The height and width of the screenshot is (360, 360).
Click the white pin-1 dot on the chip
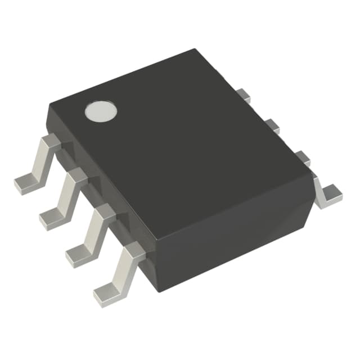[x=101, y=111]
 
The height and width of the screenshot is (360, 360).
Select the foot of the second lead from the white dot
[x=52, y=217]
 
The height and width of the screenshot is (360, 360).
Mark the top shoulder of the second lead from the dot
[x=77, y=175]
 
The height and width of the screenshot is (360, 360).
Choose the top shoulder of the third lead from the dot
[x=103, y=212]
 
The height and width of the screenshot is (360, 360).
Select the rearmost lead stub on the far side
[x=242, y=95]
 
